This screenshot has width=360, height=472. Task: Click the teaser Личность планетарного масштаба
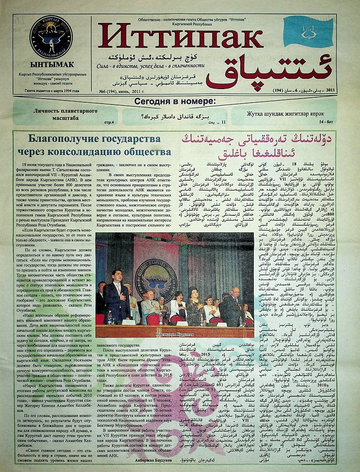66,114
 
